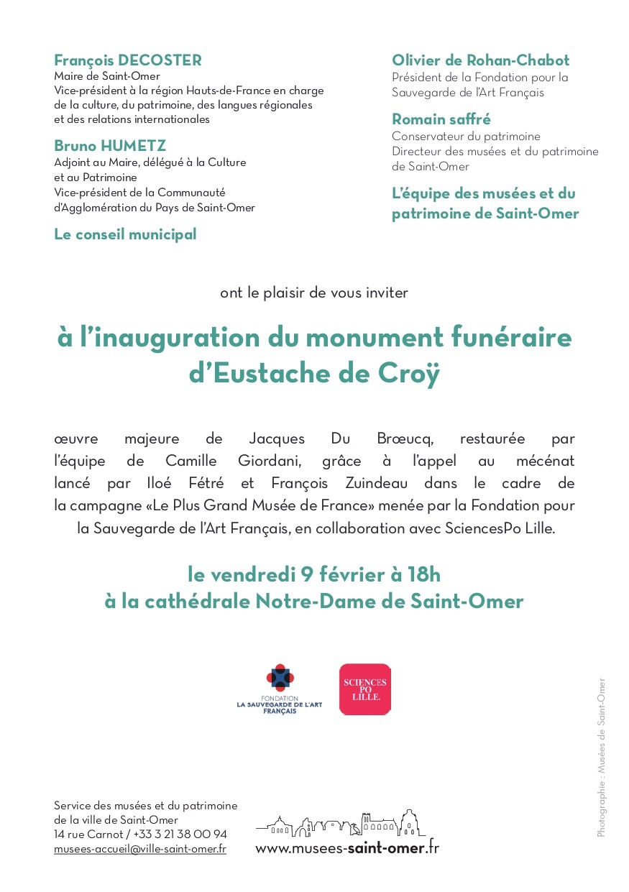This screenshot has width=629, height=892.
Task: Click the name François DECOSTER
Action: click(x=128, y=61)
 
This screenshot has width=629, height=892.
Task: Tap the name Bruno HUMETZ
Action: click(x=110, y=147)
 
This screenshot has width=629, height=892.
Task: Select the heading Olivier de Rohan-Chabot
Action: click(x=480, y=61)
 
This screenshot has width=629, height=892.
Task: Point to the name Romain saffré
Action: click(x=441, y=119)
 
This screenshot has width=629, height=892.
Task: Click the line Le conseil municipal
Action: click(x=125, y=234)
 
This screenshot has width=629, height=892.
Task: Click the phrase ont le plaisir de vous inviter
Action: click(x=314, y=293)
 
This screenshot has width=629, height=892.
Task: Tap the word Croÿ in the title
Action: click(x=407, y=374)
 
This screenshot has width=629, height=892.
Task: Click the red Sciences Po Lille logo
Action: click(x=364, y=689)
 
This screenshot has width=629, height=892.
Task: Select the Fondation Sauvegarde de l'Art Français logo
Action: click(x=280, y=689)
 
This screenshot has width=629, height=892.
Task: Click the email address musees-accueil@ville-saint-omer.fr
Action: click(x=140, y=849)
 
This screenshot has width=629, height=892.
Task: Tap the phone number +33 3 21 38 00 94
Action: click(x=180, y=834)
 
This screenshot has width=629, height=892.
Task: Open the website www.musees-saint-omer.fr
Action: click(x=346, y=848)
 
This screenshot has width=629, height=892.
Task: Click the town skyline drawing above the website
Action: click(x=341, y=824)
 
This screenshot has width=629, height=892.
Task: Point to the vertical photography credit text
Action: click(x=601, y=758)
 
